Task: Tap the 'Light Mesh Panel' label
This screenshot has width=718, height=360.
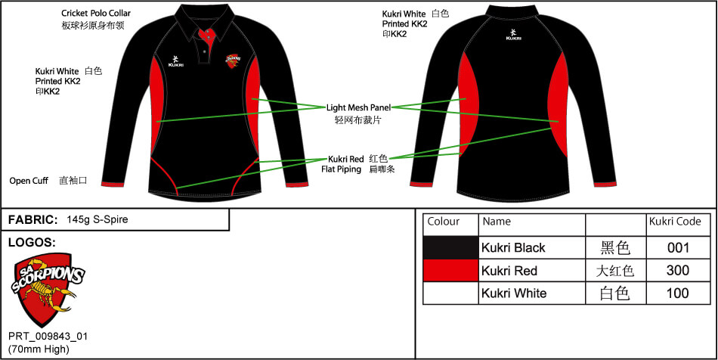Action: (x=357, y=107)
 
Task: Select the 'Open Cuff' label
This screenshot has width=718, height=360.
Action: (x=29, y=181)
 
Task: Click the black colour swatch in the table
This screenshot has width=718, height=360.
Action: (x=451, y=247)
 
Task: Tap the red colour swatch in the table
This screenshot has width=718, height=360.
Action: (x=451, y=270)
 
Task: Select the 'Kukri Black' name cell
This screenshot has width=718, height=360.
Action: (x=513, y=247)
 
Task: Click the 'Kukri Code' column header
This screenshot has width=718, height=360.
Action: (x=675, y=222)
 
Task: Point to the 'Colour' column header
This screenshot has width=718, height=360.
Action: (x=444, y=222)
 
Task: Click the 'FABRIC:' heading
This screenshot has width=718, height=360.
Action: (x=32, y=219)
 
